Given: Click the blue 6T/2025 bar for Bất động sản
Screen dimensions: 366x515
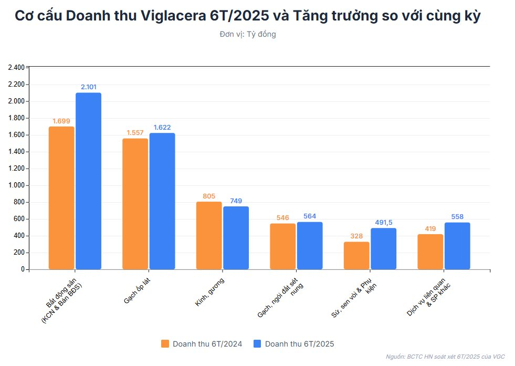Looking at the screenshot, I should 88,181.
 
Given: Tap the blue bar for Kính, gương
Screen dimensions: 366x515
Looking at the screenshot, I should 236,238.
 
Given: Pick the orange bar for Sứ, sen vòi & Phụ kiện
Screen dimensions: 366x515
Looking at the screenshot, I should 356,256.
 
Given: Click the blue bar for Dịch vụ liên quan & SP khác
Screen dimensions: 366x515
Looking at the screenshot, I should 457,246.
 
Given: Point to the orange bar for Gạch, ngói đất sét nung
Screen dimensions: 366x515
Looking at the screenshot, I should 283,246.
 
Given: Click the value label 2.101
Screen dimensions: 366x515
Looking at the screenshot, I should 89,87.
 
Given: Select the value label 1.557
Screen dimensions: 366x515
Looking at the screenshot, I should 135,132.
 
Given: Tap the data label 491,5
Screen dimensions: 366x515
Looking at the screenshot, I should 384,222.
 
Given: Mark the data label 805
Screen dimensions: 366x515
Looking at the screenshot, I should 209,196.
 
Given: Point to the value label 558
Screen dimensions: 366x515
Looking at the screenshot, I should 457,216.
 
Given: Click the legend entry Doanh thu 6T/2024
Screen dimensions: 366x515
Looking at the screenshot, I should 201,344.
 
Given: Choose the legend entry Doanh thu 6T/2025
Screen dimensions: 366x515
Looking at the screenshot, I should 293,344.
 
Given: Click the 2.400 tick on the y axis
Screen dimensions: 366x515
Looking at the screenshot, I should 16,68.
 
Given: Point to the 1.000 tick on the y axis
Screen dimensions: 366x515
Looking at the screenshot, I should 16,185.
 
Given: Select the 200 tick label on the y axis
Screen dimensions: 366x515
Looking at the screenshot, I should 19,253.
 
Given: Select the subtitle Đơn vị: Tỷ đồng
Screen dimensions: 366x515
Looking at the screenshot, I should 248,34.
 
